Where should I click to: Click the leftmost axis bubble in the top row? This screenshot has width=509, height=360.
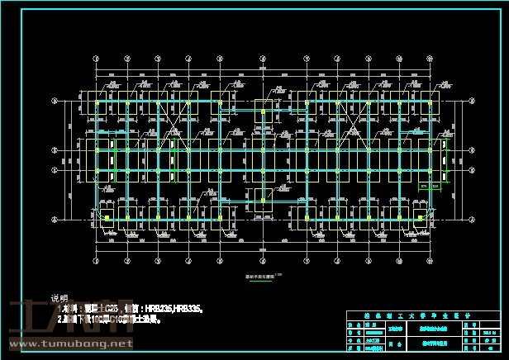click(x=97, y=59)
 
